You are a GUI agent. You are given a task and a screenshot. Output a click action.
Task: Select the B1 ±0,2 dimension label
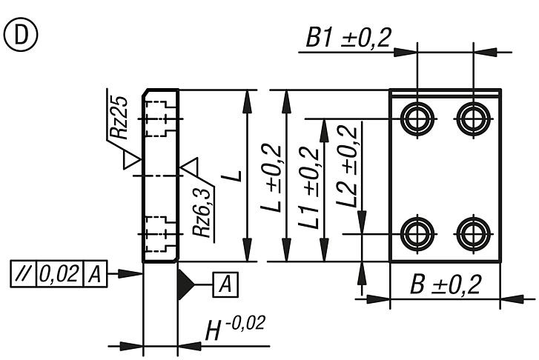click(x=348, y=39)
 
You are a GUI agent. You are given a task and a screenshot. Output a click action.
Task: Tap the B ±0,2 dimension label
click(x=446, y=284)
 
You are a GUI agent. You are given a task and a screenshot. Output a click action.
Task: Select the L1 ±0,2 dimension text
click(x=309, y=187)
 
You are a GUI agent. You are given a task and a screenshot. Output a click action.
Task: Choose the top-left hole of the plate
click(x=417, y=117)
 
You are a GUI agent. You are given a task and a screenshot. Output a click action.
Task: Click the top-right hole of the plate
click(x=472, y=117)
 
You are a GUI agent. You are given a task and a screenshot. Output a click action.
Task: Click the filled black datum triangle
click(x=185, y=283)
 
